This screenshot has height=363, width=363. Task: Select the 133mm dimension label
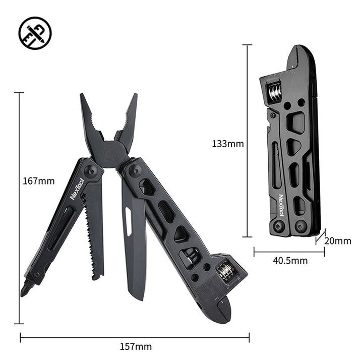[228, 144]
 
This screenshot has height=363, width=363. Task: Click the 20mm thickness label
[337, 241]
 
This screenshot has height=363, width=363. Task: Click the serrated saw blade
[93, 232]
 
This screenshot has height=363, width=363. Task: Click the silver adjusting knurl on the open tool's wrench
[225, 273]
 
